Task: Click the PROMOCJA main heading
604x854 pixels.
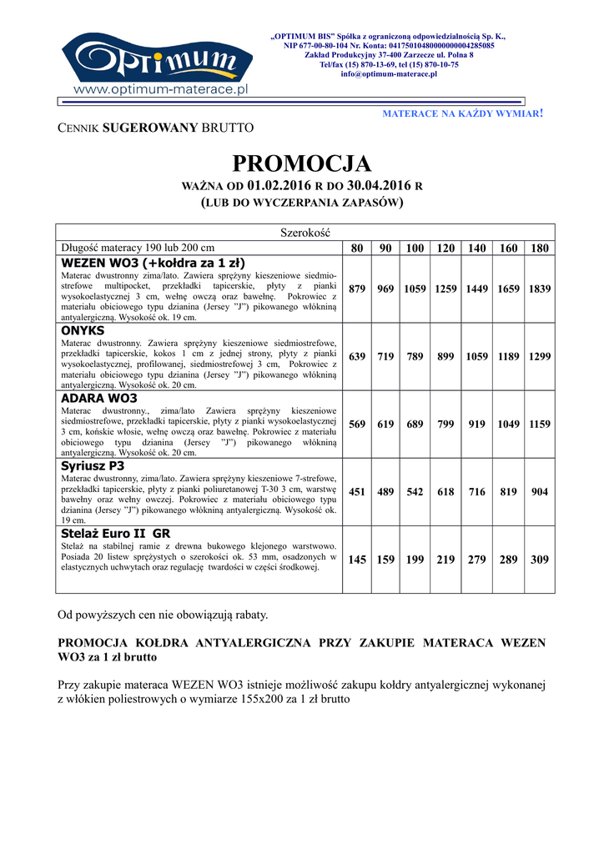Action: (301, 162)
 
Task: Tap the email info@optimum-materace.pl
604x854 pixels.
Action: (389, 74)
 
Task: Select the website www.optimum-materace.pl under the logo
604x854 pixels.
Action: (162, 88)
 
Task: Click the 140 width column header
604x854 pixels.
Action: (476, 249)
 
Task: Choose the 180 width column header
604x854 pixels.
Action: (540, 249)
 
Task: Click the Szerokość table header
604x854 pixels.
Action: (301, 232)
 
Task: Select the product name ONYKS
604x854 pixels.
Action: (82, 330)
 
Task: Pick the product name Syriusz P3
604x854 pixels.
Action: (93, 466)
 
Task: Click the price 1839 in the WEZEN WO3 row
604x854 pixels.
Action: (540, 289)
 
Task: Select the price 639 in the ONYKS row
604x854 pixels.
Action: (357, 356)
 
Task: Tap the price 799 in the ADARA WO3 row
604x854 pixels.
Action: (445, 424)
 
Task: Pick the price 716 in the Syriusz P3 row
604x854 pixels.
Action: (476, 492)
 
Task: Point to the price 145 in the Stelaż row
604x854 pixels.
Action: (357, 560)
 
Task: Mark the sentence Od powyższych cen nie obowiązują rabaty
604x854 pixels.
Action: (162, 615)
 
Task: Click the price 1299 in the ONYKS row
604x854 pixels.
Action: (540, 356)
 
